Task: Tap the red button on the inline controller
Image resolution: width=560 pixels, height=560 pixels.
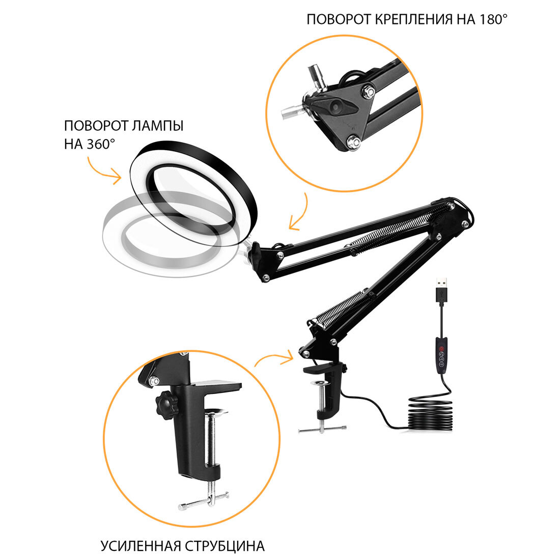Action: pos(441,348)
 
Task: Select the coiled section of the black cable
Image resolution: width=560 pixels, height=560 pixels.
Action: pos(430,414)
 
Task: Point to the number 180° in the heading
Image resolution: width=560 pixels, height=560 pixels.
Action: pos(493,19)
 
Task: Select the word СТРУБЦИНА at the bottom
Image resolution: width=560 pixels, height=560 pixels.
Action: pos(225,546)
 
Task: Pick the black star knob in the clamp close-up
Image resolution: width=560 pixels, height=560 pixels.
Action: pos(167,406)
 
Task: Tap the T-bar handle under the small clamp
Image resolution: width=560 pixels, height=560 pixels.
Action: pos(322,430)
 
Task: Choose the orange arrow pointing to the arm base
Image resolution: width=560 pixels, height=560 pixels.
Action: pos(274,359)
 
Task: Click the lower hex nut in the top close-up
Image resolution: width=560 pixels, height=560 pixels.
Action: pos(354,142)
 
